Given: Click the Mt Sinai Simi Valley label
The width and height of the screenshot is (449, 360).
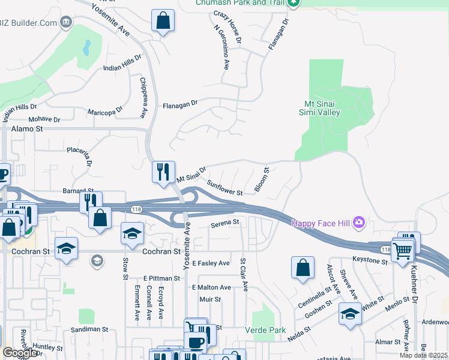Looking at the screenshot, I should pos(320,107).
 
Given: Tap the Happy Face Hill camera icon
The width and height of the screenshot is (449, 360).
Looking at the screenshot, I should pos(359,223).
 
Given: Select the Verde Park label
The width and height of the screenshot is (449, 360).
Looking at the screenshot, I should pos(265,330).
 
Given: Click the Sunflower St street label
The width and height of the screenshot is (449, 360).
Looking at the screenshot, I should pos(224,188).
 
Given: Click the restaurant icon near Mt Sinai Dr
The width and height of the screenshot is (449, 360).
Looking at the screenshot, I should pos(163,172).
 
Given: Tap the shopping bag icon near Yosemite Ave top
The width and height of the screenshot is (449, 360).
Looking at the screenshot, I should pos(163,20).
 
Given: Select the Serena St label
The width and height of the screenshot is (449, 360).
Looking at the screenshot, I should pos(224,223).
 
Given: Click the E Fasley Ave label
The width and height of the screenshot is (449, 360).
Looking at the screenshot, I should pos(211,263).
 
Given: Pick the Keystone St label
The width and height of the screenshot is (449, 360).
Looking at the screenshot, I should pos(370,261).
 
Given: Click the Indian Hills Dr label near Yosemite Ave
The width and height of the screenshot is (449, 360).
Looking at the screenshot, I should pos(122,62).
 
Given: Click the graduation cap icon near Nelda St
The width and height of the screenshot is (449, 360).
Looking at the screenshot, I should pos(351,314).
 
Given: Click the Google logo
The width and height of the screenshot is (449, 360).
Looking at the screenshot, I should pos(20,353).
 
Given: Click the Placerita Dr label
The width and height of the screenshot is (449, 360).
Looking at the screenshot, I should pos(80,155).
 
